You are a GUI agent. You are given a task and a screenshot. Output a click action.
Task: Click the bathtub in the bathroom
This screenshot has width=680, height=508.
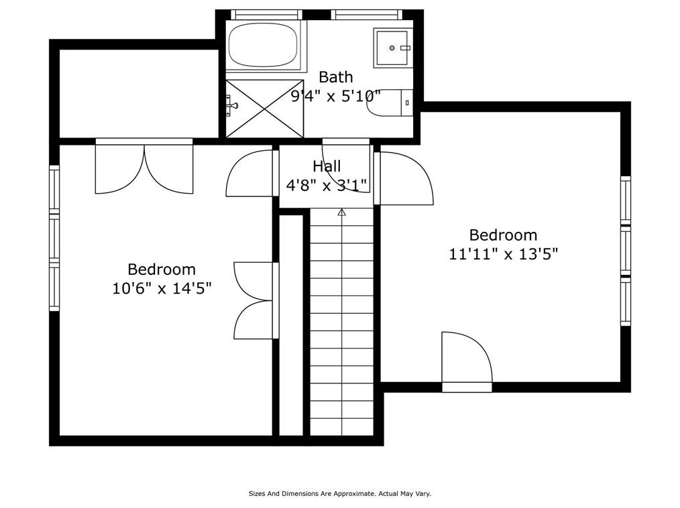click(264, 45)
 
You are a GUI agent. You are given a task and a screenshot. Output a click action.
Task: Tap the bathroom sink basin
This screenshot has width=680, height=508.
click(392, 48)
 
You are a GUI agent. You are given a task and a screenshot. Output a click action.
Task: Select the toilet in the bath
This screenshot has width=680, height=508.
click(390, 103)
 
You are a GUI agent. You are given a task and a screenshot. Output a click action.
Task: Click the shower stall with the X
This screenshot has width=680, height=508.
click(264, 109)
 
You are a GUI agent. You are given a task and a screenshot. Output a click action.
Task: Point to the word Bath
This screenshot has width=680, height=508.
click(336, 77)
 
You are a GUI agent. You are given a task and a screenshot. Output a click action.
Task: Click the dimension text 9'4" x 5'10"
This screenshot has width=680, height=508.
click(336, 96)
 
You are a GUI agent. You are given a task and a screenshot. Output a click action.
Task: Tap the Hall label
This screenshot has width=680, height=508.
click(327, 166)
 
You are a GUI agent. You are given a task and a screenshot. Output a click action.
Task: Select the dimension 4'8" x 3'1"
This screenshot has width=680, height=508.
click(327, 185)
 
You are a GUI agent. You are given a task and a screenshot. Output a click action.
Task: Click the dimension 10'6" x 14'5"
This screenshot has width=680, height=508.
click(162, 288)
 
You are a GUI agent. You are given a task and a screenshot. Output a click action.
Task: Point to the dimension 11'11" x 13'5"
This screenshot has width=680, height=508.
click(503, 253)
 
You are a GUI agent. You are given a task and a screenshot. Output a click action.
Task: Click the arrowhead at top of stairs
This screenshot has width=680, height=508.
click(342, 212)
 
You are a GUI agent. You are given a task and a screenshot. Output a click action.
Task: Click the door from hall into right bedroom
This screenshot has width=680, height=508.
click(404, 178)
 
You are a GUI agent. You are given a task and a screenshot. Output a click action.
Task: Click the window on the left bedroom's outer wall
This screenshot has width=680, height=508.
click(54, 238)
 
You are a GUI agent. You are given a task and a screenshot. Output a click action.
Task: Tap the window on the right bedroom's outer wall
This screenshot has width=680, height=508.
click(626, 251)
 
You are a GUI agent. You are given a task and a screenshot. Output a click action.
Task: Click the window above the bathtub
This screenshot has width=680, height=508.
click(266, 15)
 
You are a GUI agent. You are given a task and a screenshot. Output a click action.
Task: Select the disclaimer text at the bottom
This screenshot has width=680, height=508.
click(339, 493)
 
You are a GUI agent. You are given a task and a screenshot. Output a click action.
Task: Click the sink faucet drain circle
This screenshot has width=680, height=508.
click(392, 48)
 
